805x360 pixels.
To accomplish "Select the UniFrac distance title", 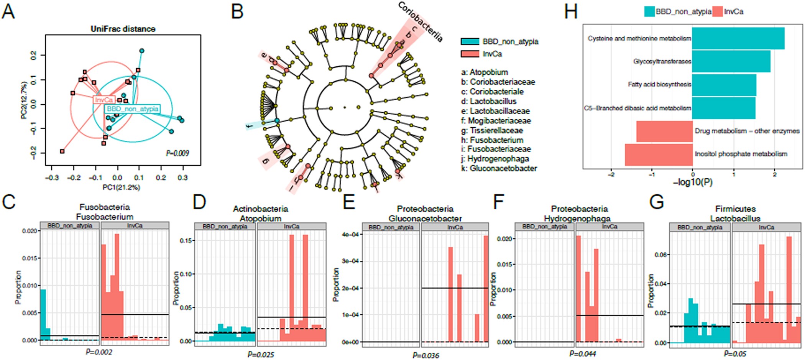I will pyautogui.click(x=123, y=29).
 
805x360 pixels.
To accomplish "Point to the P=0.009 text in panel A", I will pyautogui.click(x=177, y=153).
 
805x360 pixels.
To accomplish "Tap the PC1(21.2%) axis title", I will pyautogui.click(x=121, y=187).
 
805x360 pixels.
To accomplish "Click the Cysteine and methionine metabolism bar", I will pyautogui.click(x=738, y=38).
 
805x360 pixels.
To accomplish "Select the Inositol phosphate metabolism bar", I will pyautogui.click(x=659, y=155).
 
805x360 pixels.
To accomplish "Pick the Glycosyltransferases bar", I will pyautogui.click(x=731, y=61).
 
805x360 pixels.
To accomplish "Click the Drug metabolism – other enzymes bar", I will pyautogui.click(x=664, y=131).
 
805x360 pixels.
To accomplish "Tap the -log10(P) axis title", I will pyautogui.click(x=693, y=182).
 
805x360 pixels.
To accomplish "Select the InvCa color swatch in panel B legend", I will pyautogui.click(x=470, y=54).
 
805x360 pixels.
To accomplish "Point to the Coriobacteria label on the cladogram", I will pyautogui.click(x=421, y=21).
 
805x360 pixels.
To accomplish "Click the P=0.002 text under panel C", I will pyautogui.click(x=99, y=352).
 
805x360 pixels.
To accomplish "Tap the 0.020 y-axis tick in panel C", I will pyautogui.click(x=30, y=231).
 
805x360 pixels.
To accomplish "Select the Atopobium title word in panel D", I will pyautogui.click(x=260, y=219).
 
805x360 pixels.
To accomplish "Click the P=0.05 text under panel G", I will pyautogui.click(x=735, y=353).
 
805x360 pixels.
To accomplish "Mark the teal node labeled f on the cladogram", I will pyautogui.click(x=277, y=121).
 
